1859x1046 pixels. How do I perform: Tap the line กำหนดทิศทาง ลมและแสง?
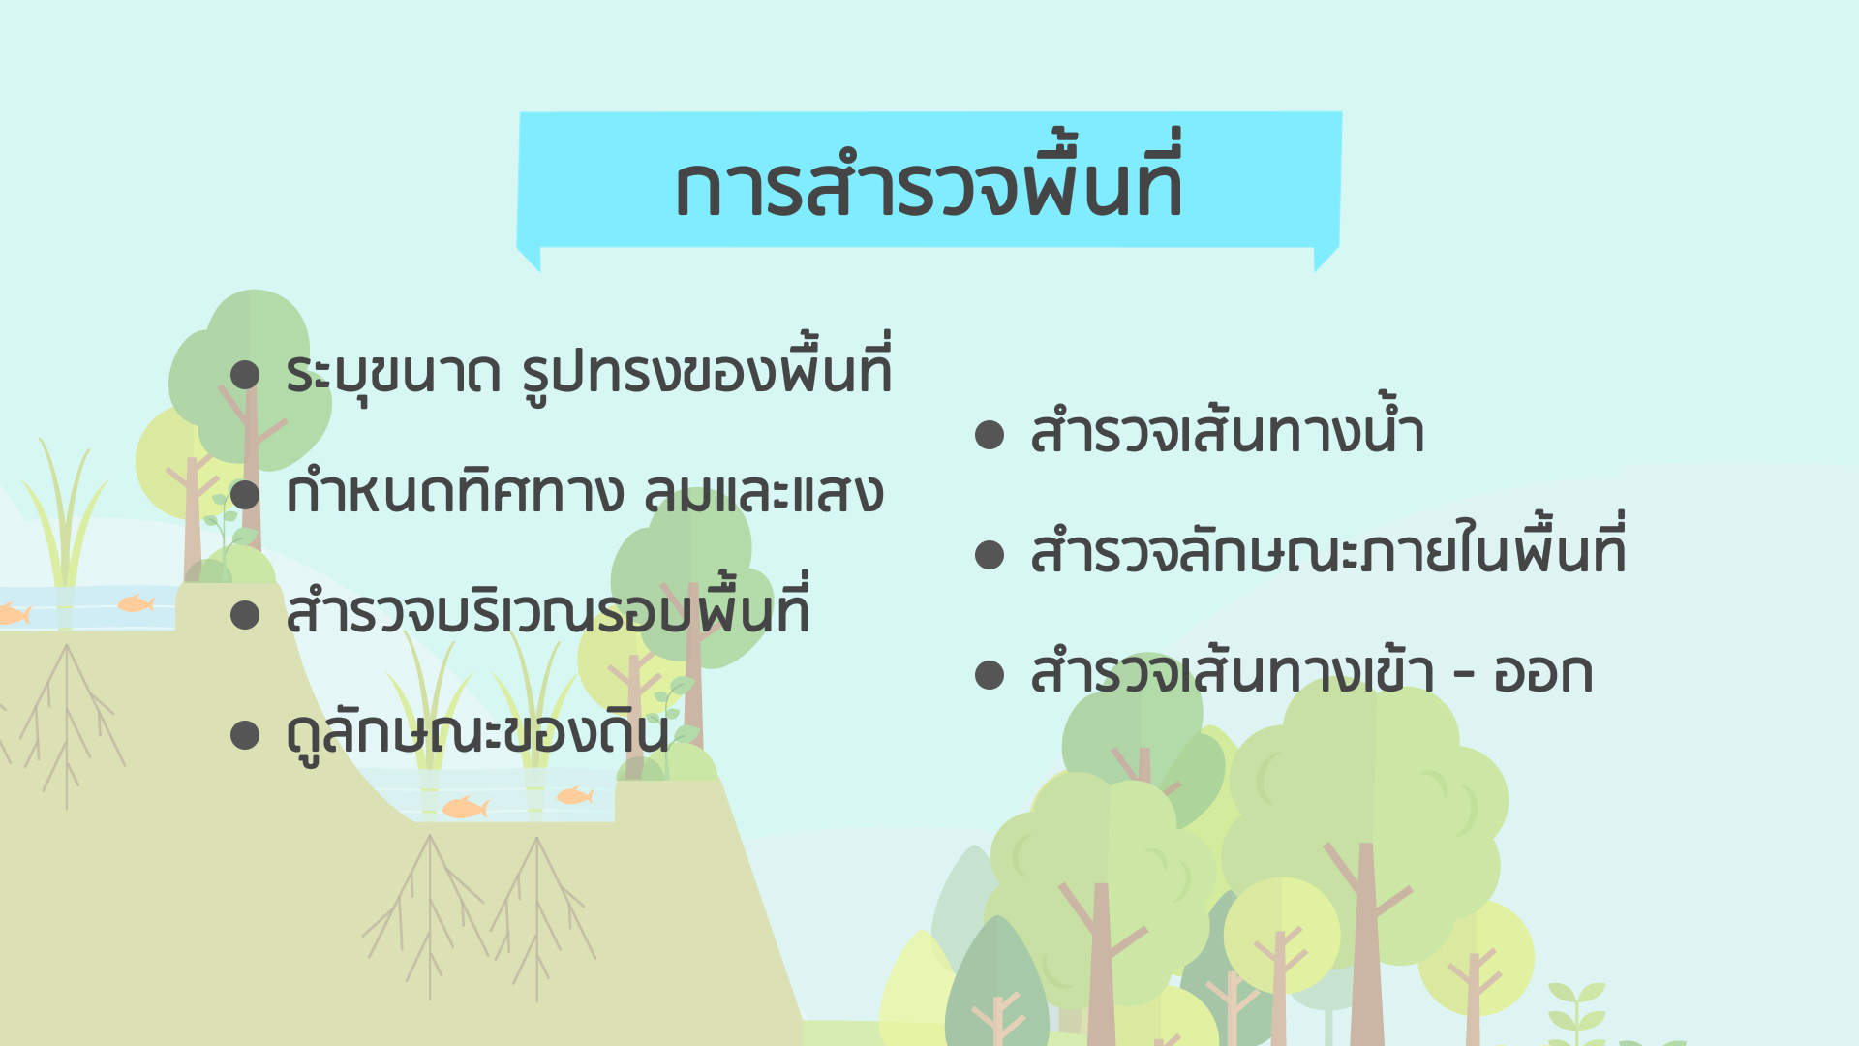pos(585,492)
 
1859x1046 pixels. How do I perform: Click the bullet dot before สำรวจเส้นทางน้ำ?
pos(990,435)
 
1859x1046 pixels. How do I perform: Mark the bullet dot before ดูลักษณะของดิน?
pos(245,735)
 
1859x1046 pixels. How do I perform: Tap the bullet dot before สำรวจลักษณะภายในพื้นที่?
pos(990,555)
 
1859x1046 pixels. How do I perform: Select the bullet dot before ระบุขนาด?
pos(245,375)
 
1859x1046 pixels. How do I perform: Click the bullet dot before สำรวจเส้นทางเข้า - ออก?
pos(990,675)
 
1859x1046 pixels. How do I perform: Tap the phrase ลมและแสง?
pos(764,493)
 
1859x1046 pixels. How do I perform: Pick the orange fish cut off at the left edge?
pos(15,614)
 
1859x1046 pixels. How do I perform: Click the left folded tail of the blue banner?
pos(529,259)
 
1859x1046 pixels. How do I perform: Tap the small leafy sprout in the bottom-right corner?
pos(1577,1012)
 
